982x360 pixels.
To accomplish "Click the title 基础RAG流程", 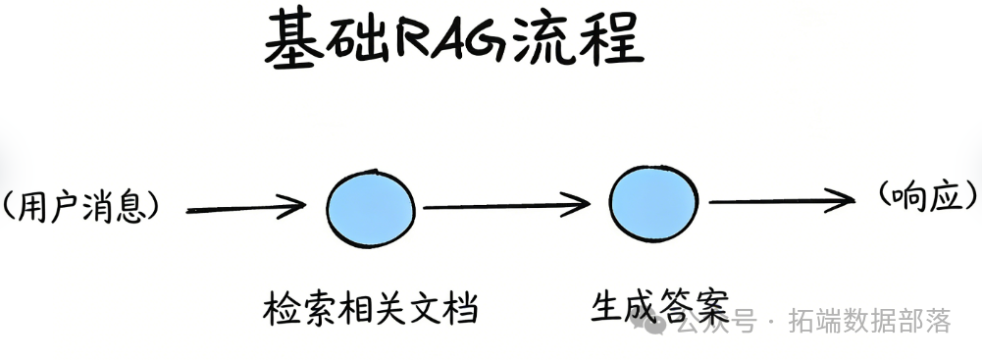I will pos(454,41).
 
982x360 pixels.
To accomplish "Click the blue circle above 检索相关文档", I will pos(370,207).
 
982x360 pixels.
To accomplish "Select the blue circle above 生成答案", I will pos(654,202).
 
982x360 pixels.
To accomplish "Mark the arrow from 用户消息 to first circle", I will pos(245,208).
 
